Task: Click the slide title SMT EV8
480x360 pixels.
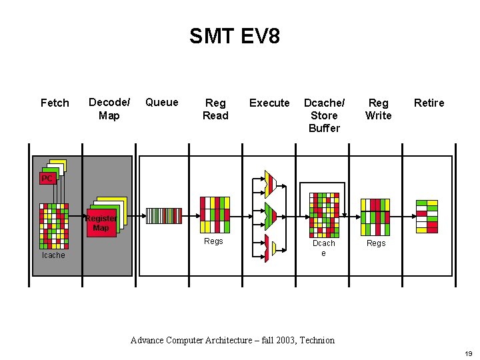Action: (234, 36)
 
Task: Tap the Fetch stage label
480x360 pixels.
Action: (55, 103)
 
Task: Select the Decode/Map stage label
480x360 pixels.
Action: (109, 109)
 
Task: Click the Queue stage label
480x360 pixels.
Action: (162, 102)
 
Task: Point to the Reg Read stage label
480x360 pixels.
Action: (215, 109)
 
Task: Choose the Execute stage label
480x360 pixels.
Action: (269, 103)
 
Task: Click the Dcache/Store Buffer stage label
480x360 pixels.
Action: (324, 115)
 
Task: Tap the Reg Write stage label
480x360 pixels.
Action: (378, 109)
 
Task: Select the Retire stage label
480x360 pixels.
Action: (429, 102)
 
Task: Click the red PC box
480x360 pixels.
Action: (47, 179)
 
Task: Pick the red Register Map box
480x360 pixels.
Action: (101, 223)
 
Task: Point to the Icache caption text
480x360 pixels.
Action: (53, 255)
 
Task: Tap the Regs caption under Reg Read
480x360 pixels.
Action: (213, 241)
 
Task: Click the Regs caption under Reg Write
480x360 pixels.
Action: (376, 243)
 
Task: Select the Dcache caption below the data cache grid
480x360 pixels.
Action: (324, 248)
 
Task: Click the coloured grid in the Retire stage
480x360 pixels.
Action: (427, 216)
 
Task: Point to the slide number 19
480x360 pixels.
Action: (469, 353)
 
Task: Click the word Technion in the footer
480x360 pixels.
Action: (317, 340)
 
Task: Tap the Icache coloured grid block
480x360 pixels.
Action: (53, 227)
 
